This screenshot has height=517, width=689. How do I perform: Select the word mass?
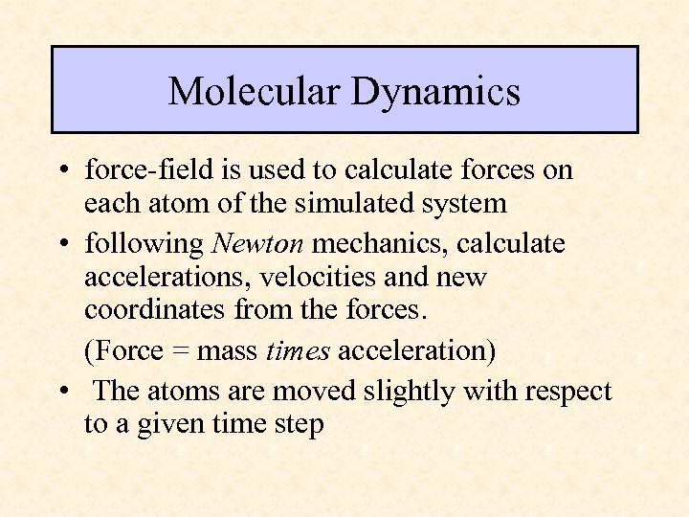[x=227, y=351]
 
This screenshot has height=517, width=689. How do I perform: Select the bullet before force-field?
[x=61, y=171]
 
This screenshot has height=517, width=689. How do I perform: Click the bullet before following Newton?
[x=61, y=244]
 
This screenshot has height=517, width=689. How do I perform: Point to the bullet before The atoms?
[x=61, y=391]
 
